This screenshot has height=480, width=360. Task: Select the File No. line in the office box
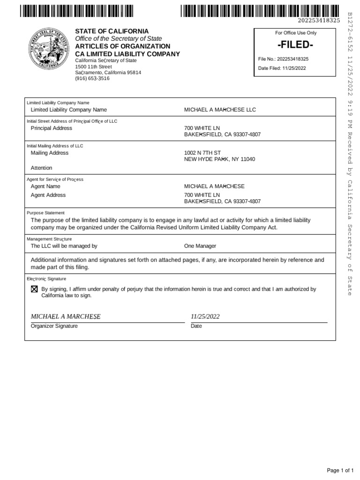[x=283, y=59]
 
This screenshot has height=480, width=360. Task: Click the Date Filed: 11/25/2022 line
[x=282, y=68]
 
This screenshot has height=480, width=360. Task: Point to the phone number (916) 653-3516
[x=92, y=79]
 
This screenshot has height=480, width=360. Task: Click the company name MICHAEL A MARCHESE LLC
[x=220, y=110]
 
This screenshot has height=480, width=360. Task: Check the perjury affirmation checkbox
[x=34, y=290]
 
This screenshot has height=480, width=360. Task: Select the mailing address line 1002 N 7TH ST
[x=202, y=153]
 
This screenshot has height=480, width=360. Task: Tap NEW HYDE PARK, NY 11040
[x=219, y=160]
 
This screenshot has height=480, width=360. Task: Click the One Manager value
[x=200, y=246]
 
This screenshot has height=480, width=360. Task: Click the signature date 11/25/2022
[x=205, y=316]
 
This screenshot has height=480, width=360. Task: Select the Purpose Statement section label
[x=46, y=213]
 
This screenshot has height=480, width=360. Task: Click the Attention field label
[x=41, y=168]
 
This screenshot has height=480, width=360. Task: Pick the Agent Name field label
[x=45, y=187]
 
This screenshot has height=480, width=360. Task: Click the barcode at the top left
[x=77, y=10]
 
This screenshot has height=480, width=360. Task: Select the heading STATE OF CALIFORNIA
[x=112, y=31]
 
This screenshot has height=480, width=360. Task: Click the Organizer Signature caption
[x=54, y=326]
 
